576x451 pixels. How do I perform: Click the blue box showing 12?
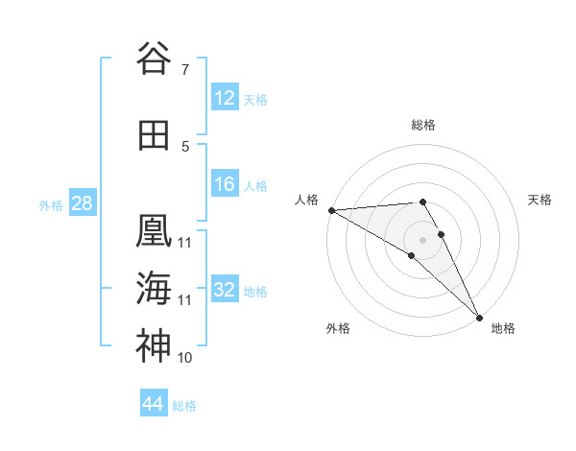(x=225, y=99)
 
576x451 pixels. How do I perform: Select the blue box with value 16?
(x=225, y=185)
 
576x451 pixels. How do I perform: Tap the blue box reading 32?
(x=225, y=291)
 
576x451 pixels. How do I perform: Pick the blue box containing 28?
(x=82, y=204)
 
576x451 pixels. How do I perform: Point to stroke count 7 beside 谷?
(x=184, y=70)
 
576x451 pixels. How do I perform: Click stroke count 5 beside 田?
(x=185, y=147)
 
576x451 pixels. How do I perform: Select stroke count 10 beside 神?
(x=185, y=358)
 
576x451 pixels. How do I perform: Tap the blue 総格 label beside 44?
(x=184, y=406)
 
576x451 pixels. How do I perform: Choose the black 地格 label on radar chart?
(x=503, y=328)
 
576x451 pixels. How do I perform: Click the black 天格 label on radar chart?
(x=540, y=200)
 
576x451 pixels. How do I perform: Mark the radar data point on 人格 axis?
(x=331, y=210)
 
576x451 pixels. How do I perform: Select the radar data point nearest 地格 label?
(x=479, y=318)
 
